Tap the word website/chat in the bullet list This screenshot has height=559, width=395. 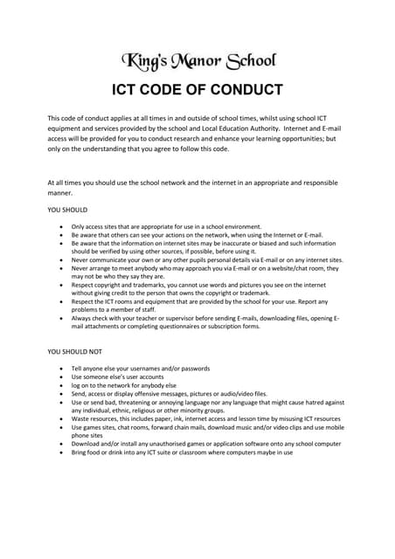287,268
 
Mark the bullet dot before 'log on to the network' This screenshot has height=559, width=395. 60,385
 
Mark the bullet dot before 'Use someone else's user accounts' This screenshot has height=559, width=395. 60,376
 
